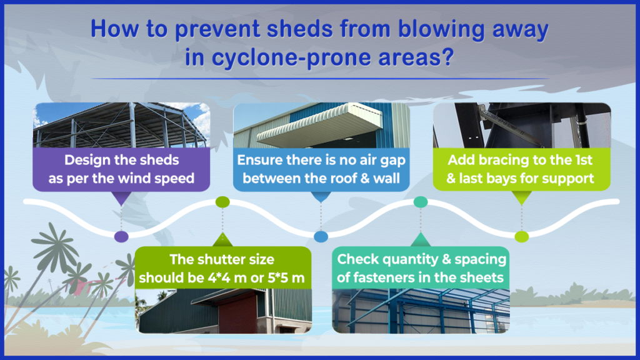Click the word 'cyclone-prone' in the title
[x=291, y=57]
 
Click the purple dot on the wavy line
[x=121, y=236]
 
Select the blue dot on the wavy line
[x=321, y=236]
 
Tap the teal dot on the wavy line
[x=421, y=202]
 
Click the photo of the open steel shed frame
[x=121, y=125]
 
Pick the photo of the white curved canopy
[x=321, y=125]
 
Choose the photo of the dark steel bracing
[x=522, y=125]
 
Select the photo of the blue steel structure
[x=421, y=311]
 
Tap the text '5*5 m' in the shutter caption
[x=286, y=278]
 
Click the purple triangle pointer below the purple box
[x=121, y=199]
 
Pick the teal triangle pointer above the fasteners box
[x=421, y=239]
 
